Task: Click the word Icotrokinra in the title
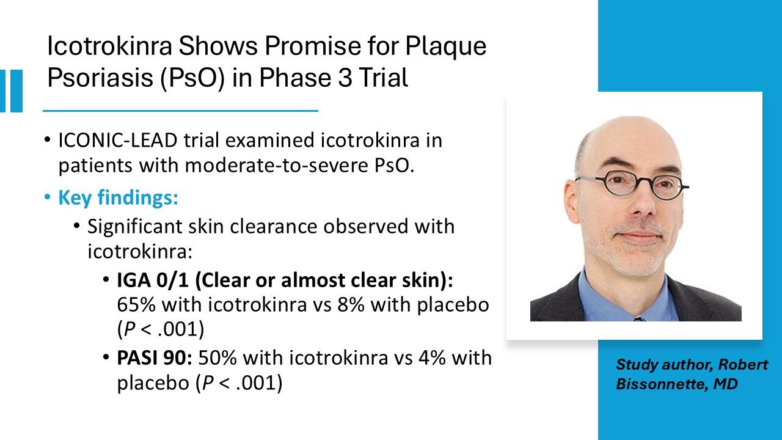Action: (109, 46)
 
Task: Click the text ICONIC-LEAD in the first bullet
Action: (118, 141)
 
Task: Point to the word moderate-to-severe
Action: (276, 165)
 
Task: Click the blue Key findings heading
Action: (118, 197)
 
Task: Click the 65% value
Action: (136, 304)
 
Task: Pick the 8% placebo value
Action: (351, 304)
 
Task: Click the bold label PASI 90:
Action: (155, 358)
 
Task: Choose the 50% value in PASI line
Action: (217, 358)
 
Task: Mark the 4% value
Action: (432, 358)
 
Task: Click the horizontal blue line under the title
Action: (180, 111)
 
